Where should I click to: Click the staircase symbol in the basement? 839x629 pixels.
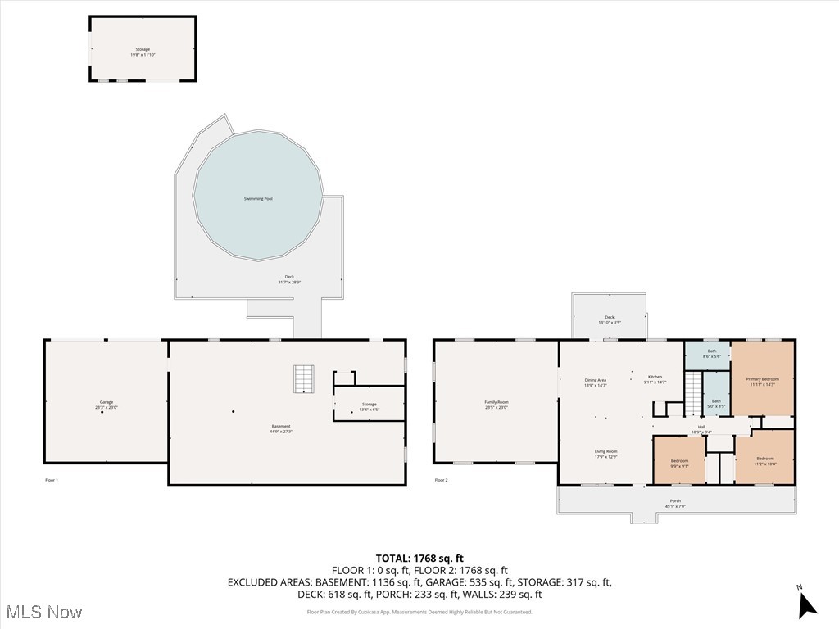[305, 379]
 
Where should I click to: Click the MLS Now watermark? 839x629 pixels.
[44, 612]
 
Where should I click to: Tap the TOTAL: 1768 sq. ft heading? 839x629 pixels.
[419, 559]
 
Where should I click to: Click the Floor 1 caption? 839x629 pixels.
[52, 480]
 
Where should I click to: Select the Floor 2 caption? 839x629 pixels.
[441, 480]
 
